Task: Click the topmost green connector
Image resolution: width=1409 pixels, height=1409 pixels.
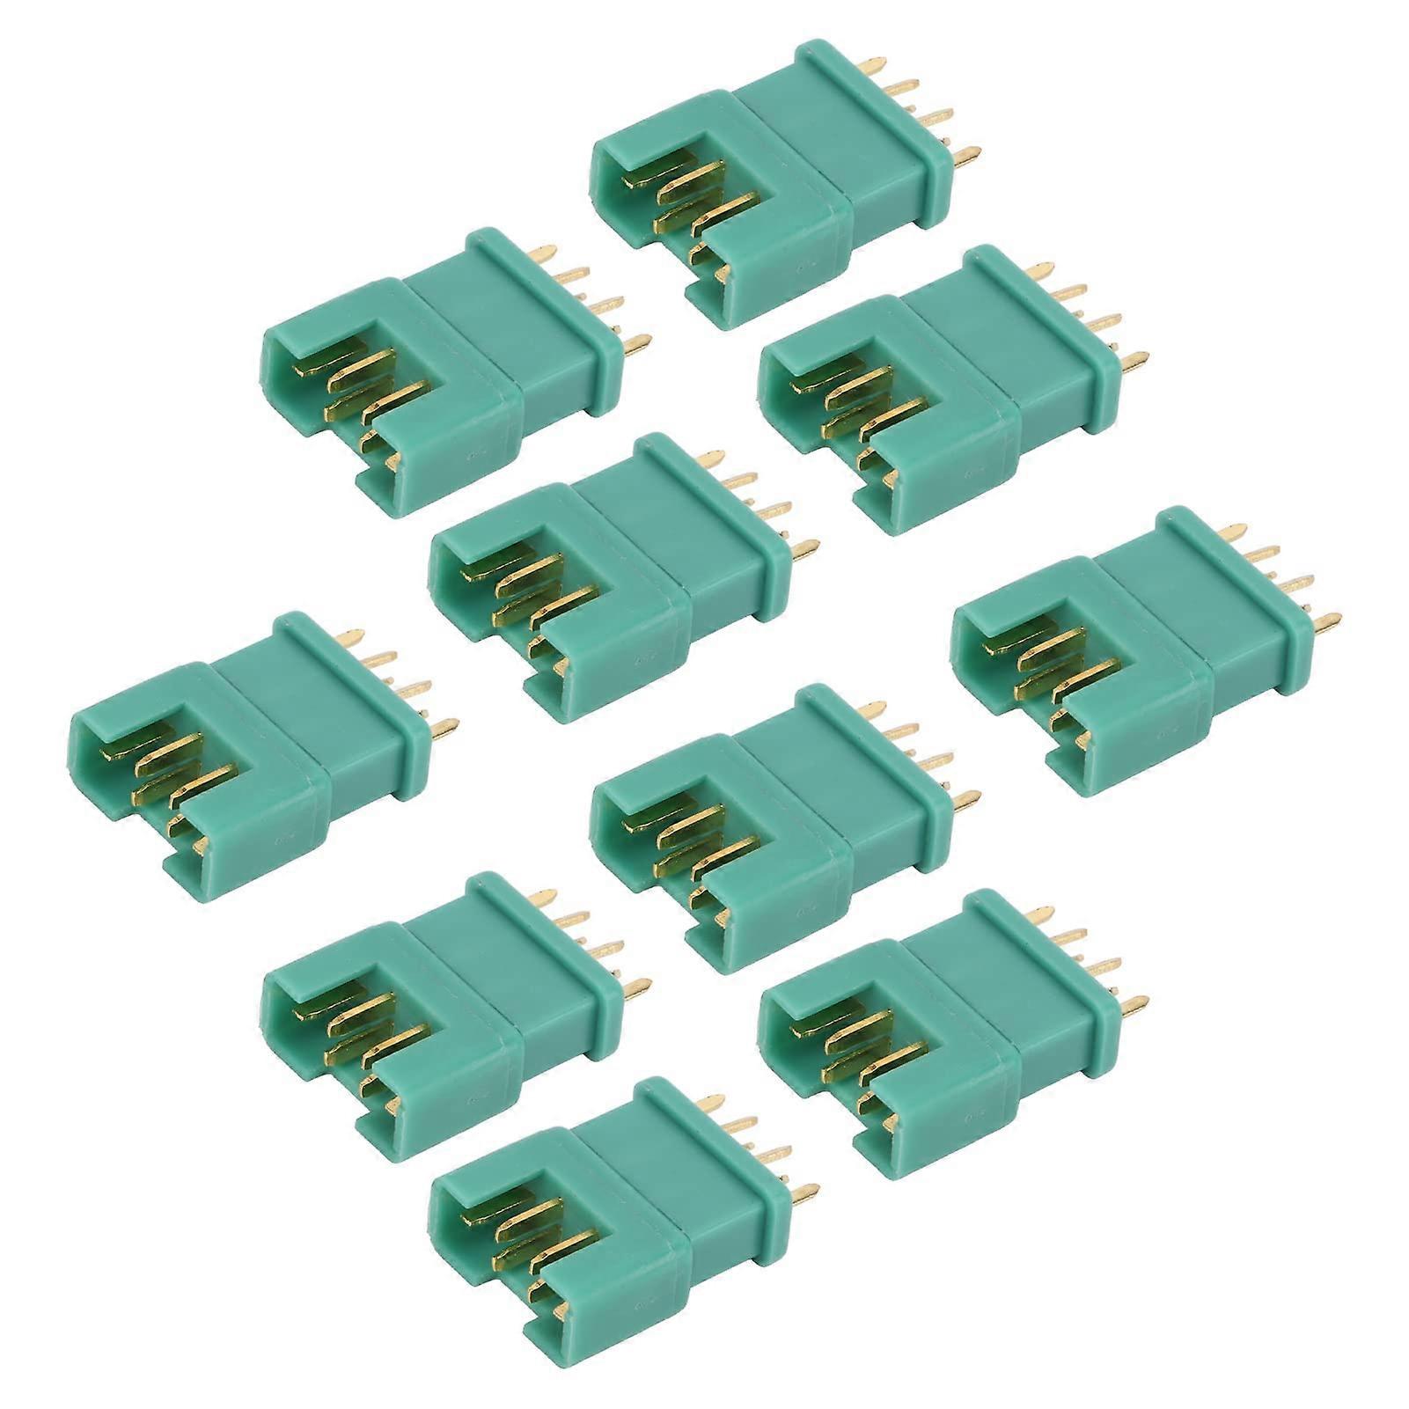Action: pos(774,185)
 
